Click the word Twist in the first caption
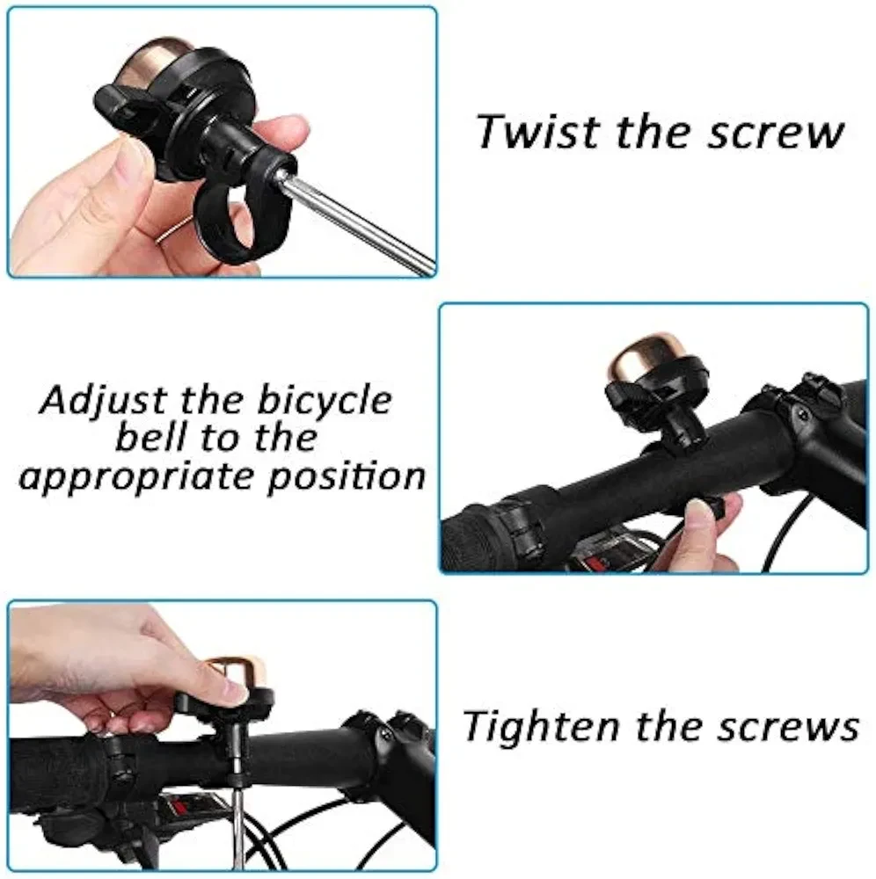pyautogui.click(x=538, y=132)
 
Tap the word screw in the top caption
pyautogui.click(x=776, y=134)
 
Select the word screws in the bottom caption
pyautogui.click(x=789, y=728)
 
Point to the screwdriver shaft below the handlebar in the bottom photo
pyautogui.click(x=237, y=818)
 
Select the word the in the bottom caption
pyautogui.click(x=668, y=726)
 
